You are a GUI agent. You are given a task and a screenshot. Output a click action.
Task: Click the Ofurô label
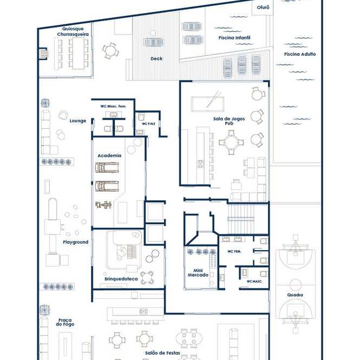click(263, 8)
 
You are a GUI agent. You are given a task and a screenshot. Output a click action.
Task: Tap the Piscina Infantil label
click(234, 38)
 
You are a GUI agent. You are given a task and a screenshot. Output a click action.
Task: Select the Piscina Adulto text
click(300, 54)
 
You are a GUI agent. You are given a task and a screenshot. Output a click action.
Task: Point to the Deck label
click(156, 58)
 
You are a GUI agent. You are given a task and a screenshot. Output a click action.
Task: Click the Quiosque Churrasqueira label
click(73, 31)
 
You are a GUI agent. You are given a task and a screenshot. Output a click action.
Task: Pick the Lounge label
click(78, 121)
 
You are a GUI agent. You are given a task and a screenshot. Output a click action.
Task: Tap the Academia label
click(109, 155)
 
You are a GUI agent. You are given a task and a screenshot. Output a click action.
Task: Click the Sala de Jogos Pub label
click(229, 121)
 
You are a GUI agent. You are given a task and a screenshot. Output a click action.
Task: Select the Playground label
click(76, 242)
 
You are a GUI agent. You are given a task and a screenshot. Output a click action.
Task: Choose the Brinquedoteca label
click(121, 279)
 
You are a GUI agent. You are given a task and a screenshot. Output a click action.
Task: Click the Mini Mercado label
click(198, 273)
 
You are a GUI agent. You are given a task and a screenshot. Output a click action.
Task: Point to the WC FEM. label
click(234, 251)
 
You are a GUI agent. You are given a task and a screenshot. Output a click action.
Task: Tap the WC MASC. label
click(254, 282)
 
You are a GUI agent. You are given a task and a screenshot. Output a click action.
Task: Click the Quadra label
click(295, 295)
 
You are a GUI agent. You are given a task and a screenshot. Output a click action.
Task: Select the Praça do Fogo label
click(65, 322)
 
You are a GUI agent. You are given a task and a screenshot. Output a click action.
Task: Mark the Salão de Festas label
click(162, 353)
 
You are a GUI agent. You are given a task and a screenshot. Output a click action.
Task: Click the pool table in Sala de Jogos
click(207, 104)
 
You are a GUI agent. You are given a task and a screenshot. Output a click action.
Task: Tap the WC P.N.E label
click(148, 124)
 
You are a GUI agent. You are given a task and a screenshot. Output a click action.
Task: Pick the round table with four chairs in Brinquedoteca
click(147, 278)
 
